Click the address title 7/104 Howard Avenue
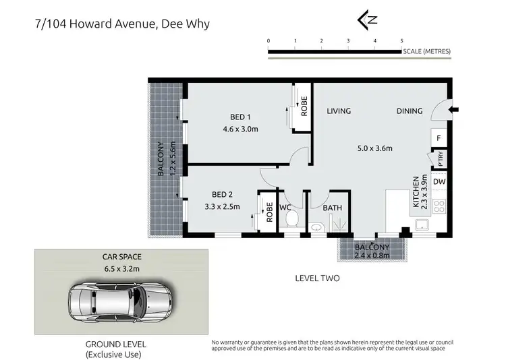pos(121,24)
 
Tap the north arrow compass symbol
pos(368,20)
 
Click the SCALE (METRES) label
pos(426,51)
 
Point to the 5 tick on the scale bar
pos(401,41)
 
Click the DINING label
pos(409,111)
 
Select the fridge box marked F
pos(439,138)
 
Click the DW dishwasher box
pos(439,182)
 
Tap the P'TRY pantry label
pos(439,160)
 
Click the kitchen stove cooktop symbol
pos(439,205)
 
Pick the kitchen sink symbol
pos(424,224)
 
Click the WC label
pos(285,208)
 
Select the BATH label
pos(332,208)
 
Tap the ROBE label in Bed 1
pos(304,107)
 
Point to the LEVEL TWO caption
pos(317,278)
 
